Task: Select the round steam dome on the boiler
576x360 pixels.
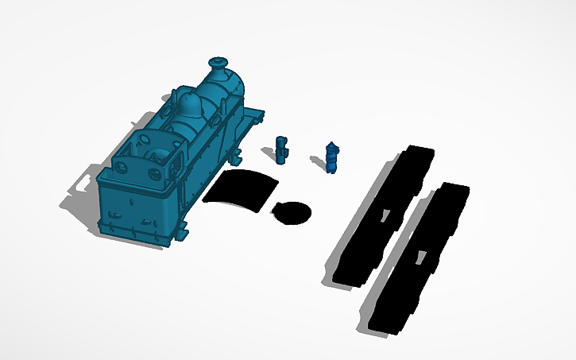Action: point(190,103)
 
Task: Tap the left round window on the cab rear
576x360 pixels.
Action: point(123,167)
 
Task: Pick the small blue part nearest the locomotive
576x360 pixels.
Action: point(281,149)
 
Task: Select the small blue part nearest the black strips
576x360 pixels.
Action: point(332,157)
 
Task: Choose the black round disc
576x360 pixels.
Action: point(292,212)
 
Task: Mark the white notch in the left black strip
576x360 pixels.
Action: point(383,214)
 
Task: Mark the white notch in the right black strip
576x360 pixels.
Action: point(420,257)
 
